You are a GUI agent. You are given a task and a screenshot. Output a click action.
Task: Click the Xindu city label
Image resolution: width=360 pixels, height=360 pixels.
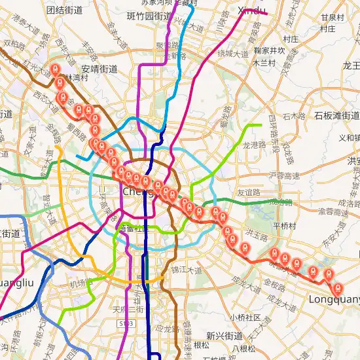251,10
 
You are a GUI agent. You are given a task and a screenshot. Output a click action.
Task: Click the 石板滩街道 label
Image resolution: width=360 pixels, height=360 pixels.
336,115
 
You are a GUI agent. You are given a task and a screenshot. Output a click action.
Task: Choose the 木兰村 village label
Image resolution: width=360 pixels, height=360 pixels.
265,63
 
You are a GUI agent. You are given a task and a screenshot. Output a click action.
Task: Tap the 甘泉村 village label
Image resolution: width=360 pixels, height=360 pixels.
332,17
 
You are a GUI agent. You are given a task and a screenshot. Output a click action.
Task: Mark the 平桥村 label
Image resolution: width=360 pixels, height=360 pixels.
285,225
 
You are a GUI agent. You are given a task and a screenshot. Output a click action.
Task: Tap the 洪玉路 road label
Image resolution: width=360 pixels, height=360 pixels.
256,234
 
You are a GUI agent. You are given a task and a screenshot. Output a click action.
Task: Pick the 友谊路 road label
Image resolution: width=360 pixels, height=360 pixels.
249,192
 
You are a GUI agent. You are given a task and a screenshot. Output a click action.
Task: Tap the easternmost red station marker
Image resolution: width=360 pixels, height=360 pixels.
338,287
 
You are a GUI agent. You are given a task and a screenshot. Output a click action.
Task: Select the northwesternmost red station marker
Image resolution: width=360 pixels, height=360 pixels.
55,69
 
